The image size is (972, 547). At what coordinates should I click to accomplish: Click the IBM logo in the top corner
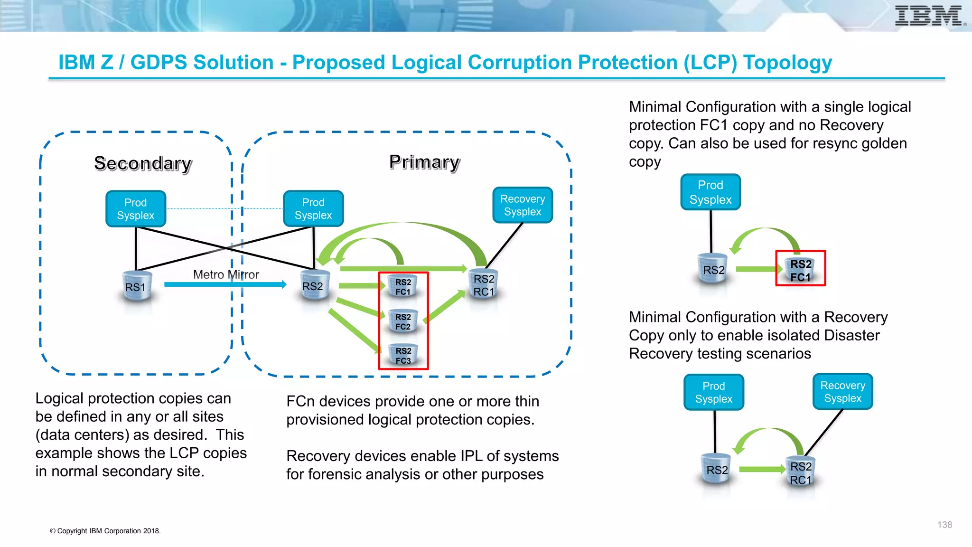click(x=929, y=16)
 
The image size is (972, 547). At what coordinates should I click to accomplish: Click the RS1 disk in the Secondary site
click(x=136, y=286)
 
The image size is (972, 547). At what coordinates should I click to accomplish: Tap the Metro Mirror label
click(x=226, y=274)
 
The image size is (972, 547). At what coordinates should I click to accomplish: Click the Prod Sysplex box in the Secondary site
click(x=136, y=209)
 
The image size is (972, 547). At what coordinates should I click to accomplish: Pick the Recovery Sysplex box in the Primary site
click(x=523, y=205)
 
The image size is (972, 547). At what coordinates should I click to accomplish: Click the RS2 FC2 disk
click(x=403, y=321)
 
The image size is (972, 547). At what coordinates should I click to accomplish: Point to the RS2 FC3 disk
click(x=403, y=356)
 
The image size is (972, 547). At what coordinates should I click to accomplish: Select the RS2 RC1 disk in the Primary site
click(x=484, y=285)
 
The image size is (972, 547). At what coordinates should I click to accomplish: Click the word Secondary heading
click(x=143, y=163)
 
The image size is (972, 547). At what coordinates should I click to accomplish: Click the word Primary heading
click(x=424, y=162)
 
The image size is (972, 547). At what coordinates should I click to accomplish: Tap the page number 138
click(x=944, y=525)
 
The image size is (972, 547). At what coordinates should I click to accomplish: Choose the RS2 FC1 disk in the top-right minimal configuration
click(x=801, y=270)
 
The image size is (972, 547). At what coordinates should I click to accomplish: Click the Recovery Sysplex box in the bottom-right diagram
click(x=842, y=392)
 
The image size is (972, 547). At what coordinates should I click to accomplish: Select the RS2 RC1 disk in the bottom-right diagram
click(x=801, y=473)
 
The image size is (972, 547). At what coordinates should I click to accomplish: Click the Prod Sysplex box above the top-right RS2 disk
click(x=710, y=192)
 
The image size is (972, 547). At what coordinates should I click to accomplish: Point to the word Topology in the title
click(x=787, y=63)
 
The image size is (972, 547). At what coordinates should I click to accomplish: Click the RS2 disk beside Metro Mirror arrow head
click(x=313, y=286)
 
